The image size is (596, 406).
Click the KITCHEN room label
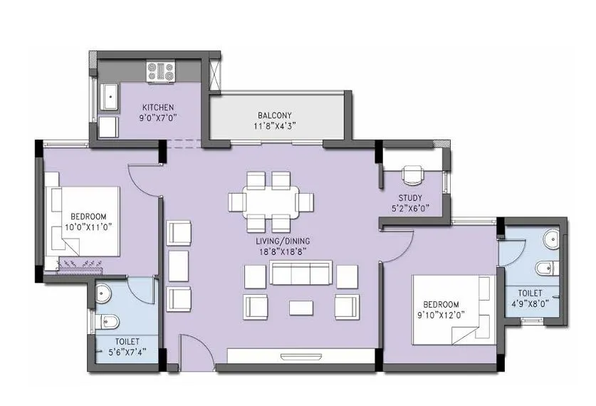[x=157, y=108]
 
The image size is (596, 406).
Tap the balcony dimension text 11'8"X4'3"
[x=274, y=125]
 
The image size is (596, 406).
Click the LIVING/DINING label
[x=283, y=241]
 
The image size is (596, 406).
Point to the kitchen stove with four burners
[x=161, y=70]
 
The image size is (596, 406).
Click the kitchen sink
[x=110, y=98]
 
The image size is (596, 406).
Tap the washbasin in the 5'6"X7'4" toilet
[x=105, y=291]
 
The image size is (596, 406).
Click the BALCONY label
[x=274, y=115]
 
